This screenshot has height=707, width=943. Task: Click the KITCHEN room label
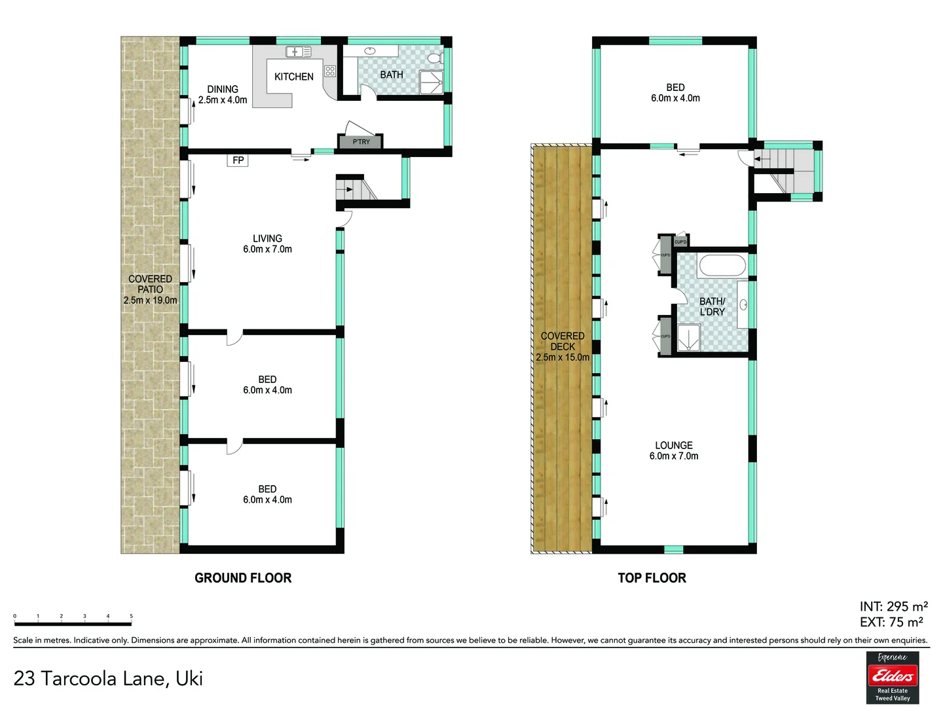point(293,77)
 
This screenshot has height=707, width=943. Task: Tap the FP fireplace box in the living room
point(238,160)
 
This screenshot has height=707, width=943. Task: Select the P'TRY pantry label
point(361,141)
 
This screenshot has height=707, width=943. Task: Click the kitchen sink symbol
point(299,52)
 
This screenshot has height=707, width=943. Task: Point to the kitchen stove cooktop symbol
point(330,71)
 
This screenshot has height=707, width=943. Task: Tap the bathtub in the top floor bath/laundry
point(722,266)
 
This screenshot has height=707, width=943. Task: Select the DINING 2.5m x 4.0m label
point(223,94)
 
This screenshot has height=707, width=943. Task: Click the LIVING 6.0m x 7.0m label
point(267,244)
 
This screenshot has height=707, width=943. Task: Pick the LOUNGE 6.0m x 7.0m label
point(674,450)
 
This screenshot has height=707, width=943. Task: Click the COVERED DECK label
point(563,346)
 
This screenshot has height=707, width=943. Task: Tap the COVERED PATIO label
point(150,289)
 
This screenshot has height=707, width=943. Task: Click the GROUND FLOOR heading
point(243,578)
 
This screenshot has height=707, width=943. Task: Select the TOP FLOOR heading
point(652,578)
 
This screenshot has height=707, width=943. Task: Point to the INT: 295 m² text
point(893,607)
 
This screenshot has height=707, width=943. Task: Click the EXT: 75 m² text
point(891,623)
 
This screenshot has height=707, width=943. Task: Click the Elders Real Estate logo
point(893,677)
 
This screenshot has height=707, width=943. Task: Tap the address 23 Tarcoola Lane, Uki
point(108,679)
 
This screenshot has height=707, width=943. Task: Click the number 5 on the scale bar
point(131,616)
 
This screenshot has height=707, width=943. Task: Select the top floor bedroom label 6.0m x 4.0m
point(675,93)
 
